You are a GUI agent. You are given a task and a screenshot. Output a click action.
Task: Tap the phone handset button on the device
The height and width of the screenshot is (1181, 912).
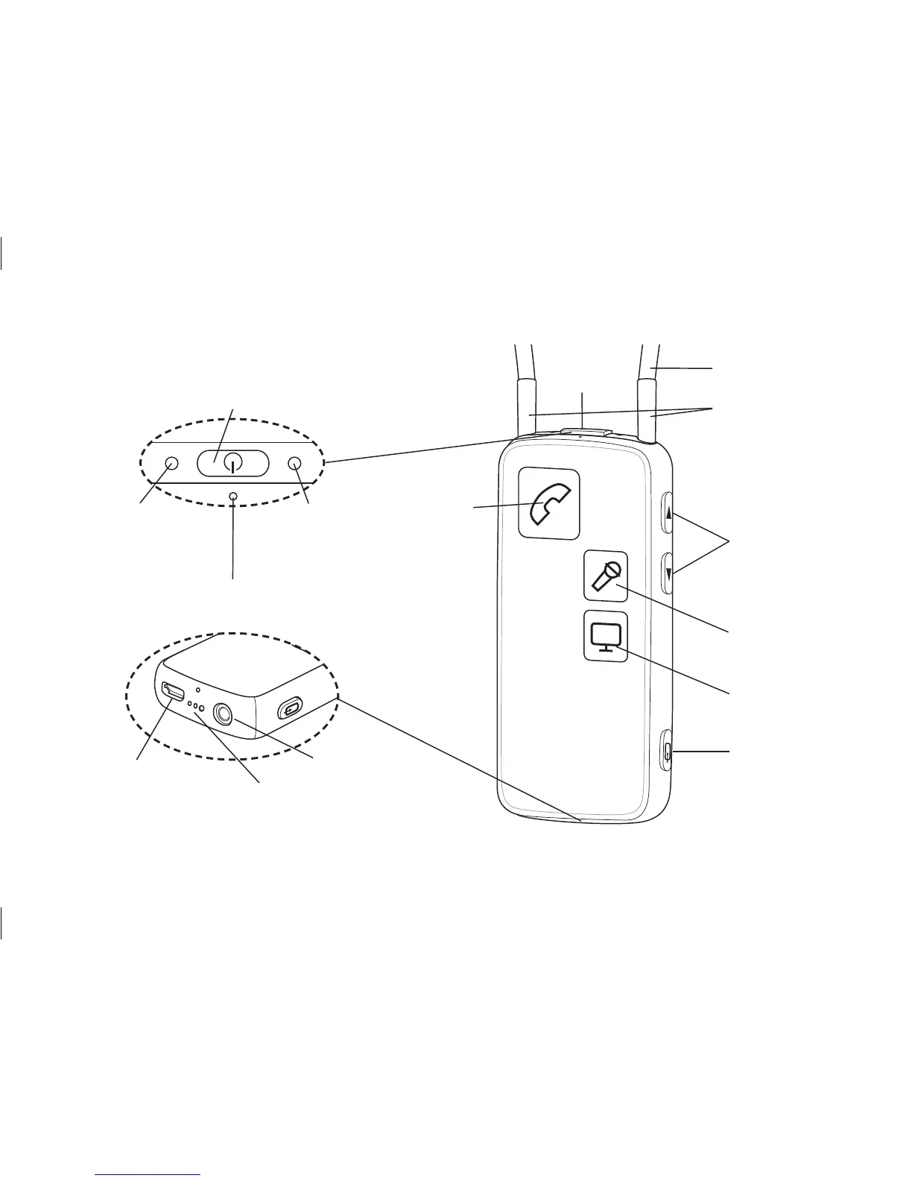pyautogui.click(x=549, y=503)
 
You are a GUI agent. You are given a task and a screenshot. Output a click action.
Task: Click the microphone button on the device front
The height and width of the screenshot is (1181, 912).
pyautogui.click(x=605, y=576)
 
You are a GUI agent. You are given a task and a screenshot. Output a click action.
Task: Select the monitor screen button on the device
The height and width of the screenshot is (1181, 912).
pyautogui.click(x=605, y=637)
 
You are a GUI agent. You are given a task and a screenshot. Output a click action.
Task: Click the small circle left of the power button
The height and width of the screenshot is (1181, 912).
pyautogui.click(x=171, y=463)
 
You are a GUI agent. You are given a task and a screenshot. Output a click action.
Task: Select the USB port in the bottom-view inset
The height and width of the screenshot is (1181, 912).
pyautogui.click(x=174, y=691)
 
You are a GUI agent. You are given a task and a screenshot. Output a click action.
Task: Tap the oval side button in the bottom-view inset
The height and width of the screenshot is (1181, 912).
pyautogui.click(x=291, y=707)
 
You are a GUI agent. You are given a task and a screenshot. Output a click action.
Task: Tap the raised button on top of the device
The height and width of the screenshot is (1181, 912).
pyautogui.click(x=585, y=432)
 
